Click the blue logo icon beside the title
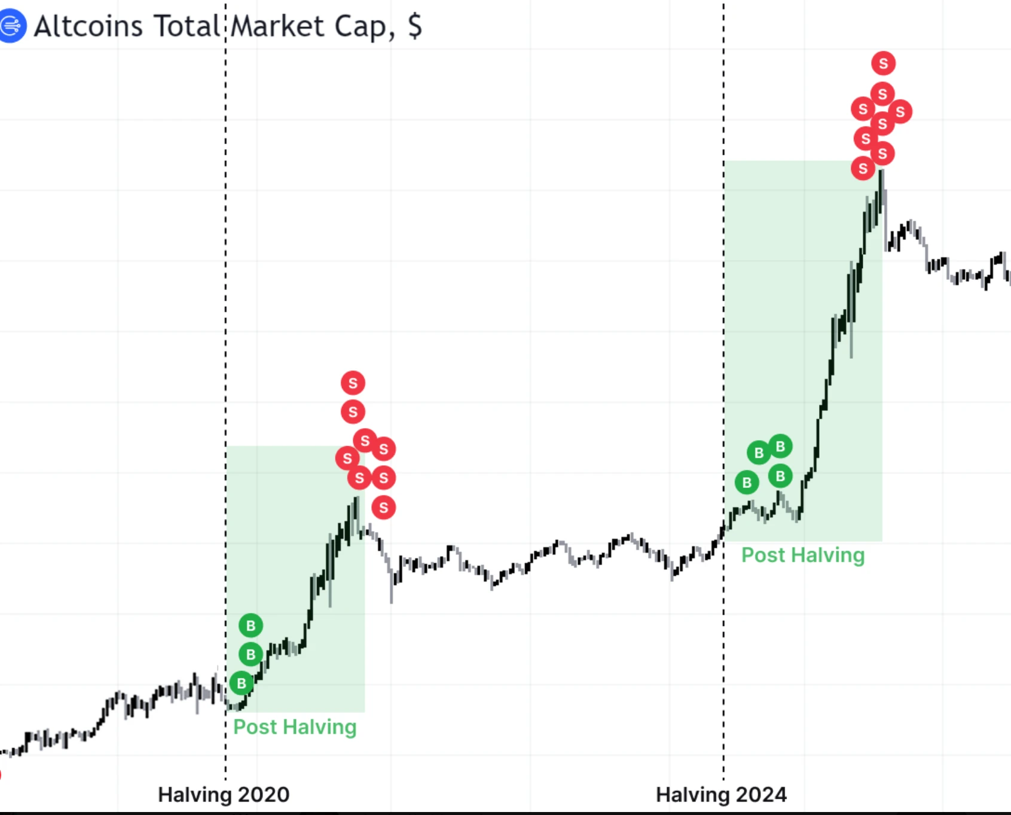point(12,26)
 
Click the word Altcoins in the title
point(88,26)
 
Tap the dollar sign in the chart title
point(415,26)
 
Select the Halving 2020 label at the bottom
point(224,795)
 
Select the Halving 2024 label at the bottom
point(721,795)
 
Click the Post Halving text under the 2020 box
point(295,727)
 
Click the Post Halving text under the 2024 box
point(803,555)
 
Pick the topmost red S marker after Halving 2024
point(883,63)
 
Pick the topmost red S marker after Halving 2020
point(353,383)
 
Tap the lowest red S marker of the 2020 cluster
point(384,508)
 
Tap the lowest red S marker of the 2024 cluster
point(863,169)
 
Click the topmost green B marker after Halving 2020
point(251,626)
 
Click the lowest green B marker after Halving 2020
point(242,683)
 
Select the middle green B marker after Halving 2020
point(251,655)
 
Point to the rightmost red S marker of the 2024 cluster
point(900,111)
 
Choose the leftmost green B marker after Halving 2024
point(747,483)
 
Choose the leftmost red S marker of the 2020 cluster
point(347,459)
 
